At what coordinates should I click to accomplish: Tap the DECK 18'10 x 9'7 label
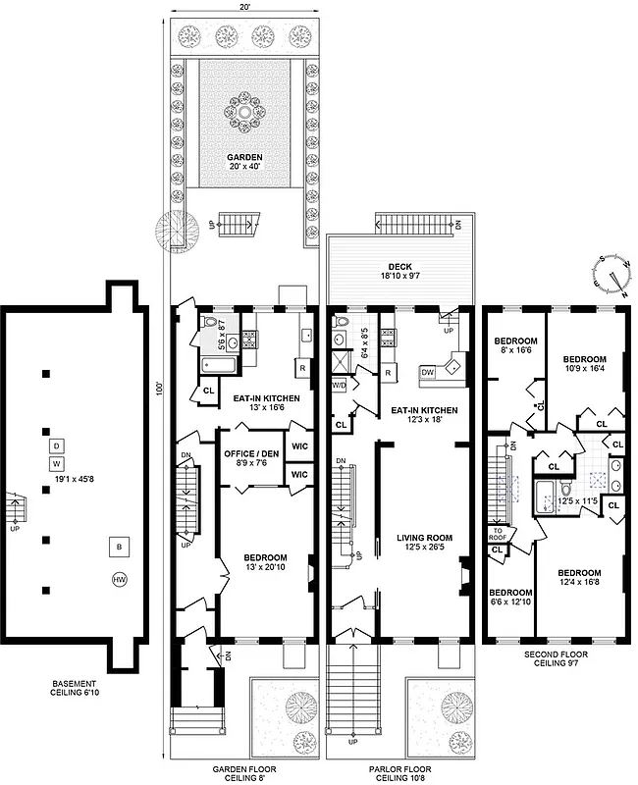click(x=399, y=272)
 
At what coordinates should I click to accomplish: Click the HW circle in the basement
click(x=120, y=579)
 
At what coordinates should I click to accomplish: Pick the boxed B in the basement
click(x=119, y=546)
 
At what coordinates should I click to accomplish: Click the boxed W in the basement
click(x=57, y=463)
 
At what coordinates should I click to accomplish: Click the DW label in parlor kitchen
click(x=428, y=373)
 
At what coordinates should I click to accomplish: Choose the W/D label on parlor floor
click(x=340, y=386)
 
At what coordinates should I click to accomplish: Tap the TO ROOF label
click(x=498, y=534)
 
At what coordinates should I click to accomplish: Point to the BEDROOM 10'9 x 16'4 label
click(x=585, y=365)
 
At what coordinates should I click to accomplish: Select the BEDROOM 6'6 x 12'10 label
click(x=510, y=598)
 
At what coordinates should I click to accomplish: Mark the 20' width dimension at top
click(x=243, y=6)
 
